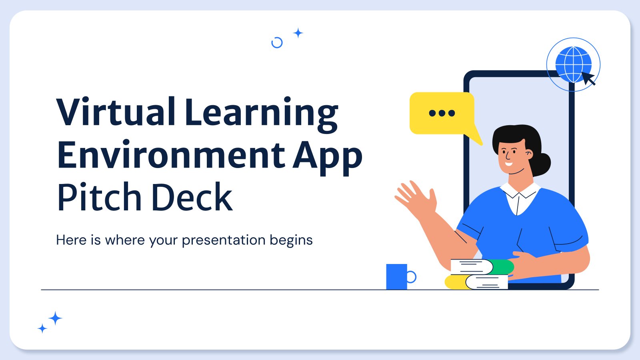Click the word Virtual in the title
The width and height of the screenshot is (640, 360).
tap(116, 112)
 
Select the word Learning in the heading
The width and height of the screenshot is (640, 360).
tap(262, 115)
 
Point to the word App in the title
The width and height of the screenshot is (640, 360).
tap(328, 158)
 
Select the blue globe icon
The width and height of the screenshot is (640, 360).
tap(573, 64)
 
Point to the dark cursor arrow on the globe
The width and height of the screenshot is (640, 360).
tap(588, 78)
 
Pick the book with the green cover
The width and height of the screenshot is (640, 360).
tap(482, 266)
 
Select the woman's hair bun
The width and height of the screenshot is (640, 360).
tap(542, 164)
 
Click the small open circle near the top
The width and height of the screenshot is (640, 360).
tap(277, 42)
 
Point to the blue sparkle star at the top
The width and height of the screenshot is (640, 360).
tap(298, 33)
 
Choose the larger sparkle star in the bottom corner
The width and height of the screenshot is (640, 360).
tap(55, 318)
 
